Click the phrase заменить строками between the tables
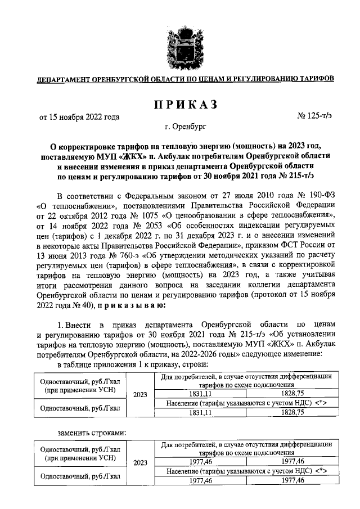pyautogui.click(x=92, y=432)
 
